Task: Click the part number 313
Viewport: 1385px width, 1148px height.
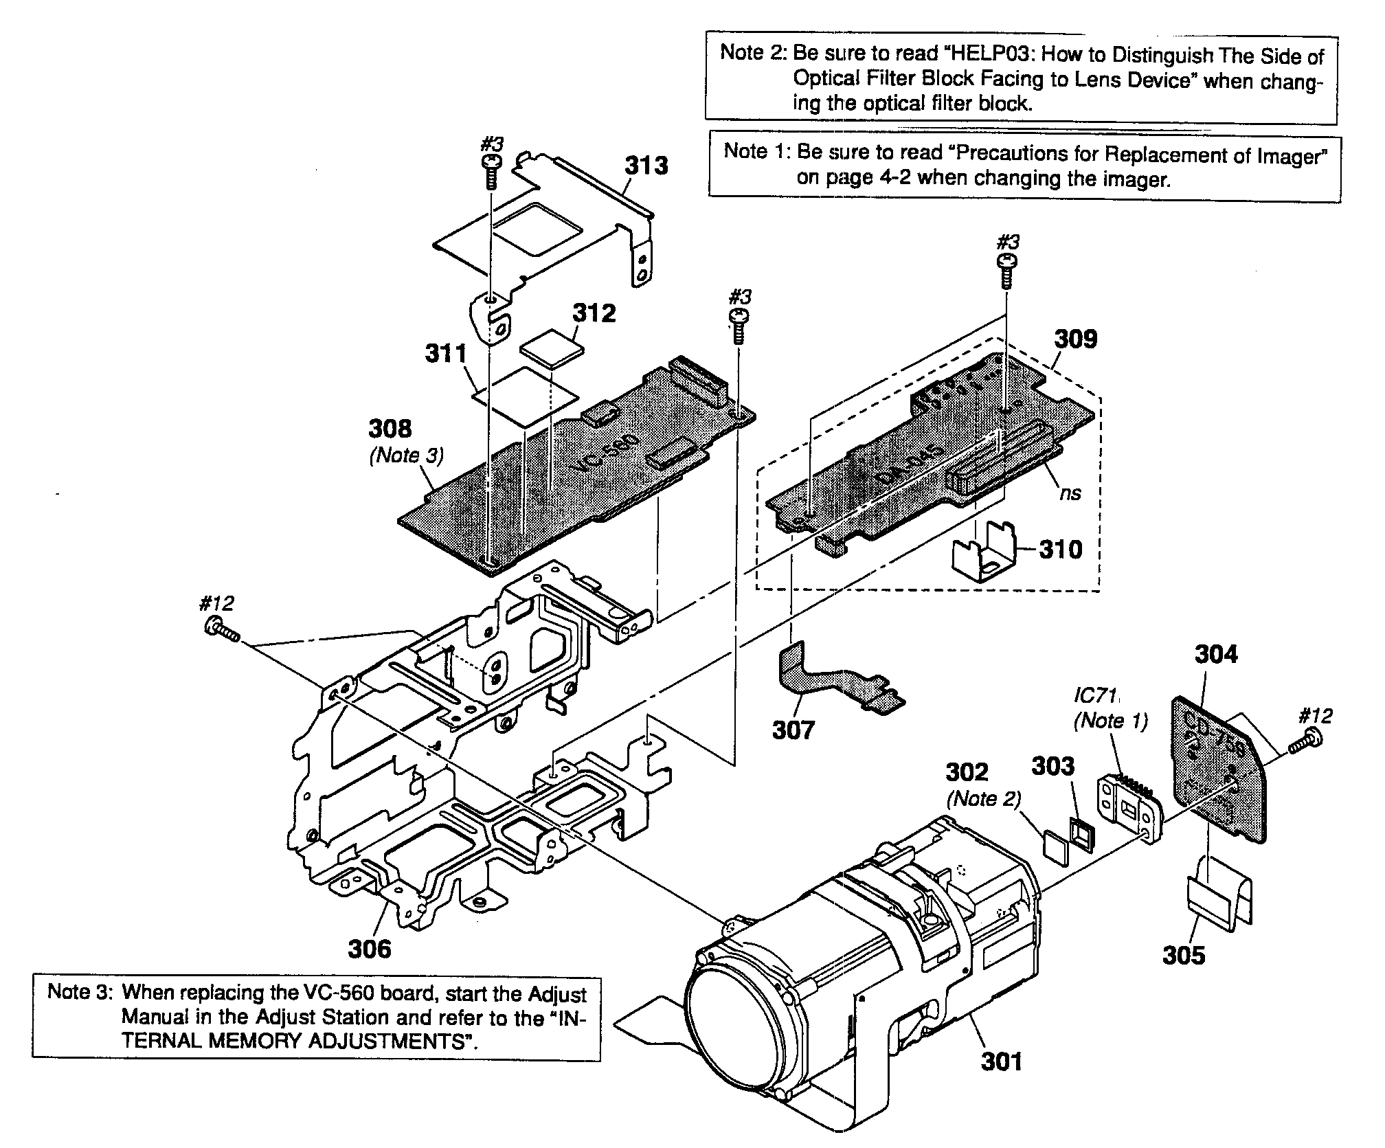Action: (x=646, y=166)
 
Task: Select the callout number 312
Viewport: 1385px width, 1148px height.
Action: (x=594, y=313)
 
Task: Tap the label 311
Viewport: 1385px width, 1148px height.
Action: (x=445, y=354)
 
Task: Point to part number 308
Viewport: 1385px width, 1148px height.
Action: (x=390, y=429)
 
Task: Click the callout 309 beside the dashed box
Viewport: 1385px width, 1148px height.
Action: (x=1076, y=339)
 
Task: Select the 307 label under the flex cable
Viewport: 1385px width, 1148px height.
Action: (x=793, y=730)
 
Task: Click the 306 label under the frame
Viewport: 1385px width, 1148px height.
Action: (x=369, y=949)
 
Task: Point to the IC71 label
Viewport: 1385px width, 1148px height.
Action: (x=1096, y=696)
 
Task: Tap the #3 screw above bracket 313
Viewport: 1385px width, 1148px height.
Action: (x=492, y=170)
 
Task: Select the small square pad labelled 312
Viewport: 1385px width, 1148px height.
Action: (x=552, y=347)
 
